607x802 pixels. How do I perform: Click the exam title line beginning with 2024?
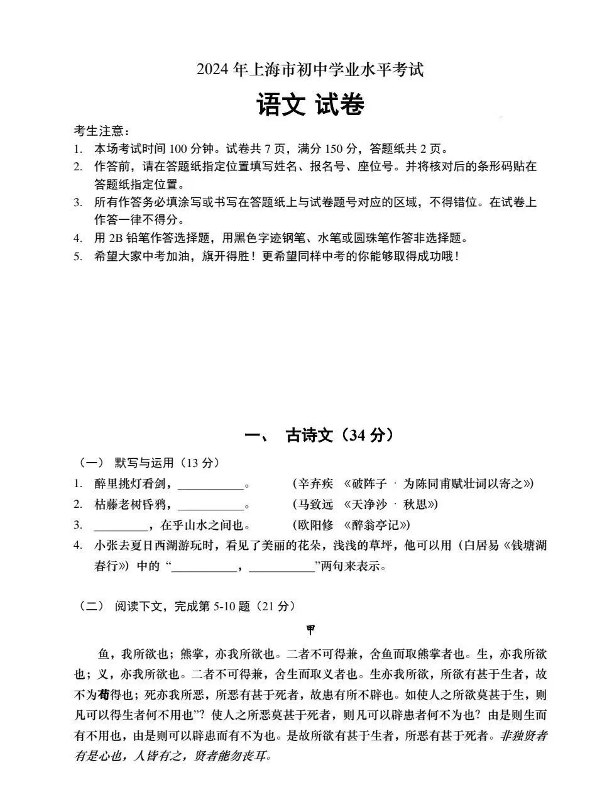click(x=310, y=70)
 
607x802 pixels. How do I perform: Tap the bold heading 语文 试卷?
click(x=310, y=105)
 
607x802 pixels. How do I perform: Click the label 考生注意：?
click(x=102, y=131)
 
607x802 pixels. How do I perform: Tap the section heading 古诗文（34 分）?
click(x=339, y=435)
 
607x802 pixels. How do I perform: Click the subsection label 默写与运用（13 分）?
click(x=167, y=463)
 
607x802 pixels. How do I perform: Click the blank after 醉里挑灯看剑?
click(x=211, y=484)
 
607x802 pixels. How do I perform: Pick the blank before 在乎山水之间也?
click(x=120, y=525)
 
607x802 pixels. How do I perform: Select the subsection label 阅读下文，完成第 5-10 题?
click(x=204, y=607)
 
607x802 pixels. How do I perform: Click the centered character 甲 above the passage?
click(x=310, y=629)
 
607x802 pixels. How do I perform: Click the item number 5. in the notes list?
click(x=78, y=256)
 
